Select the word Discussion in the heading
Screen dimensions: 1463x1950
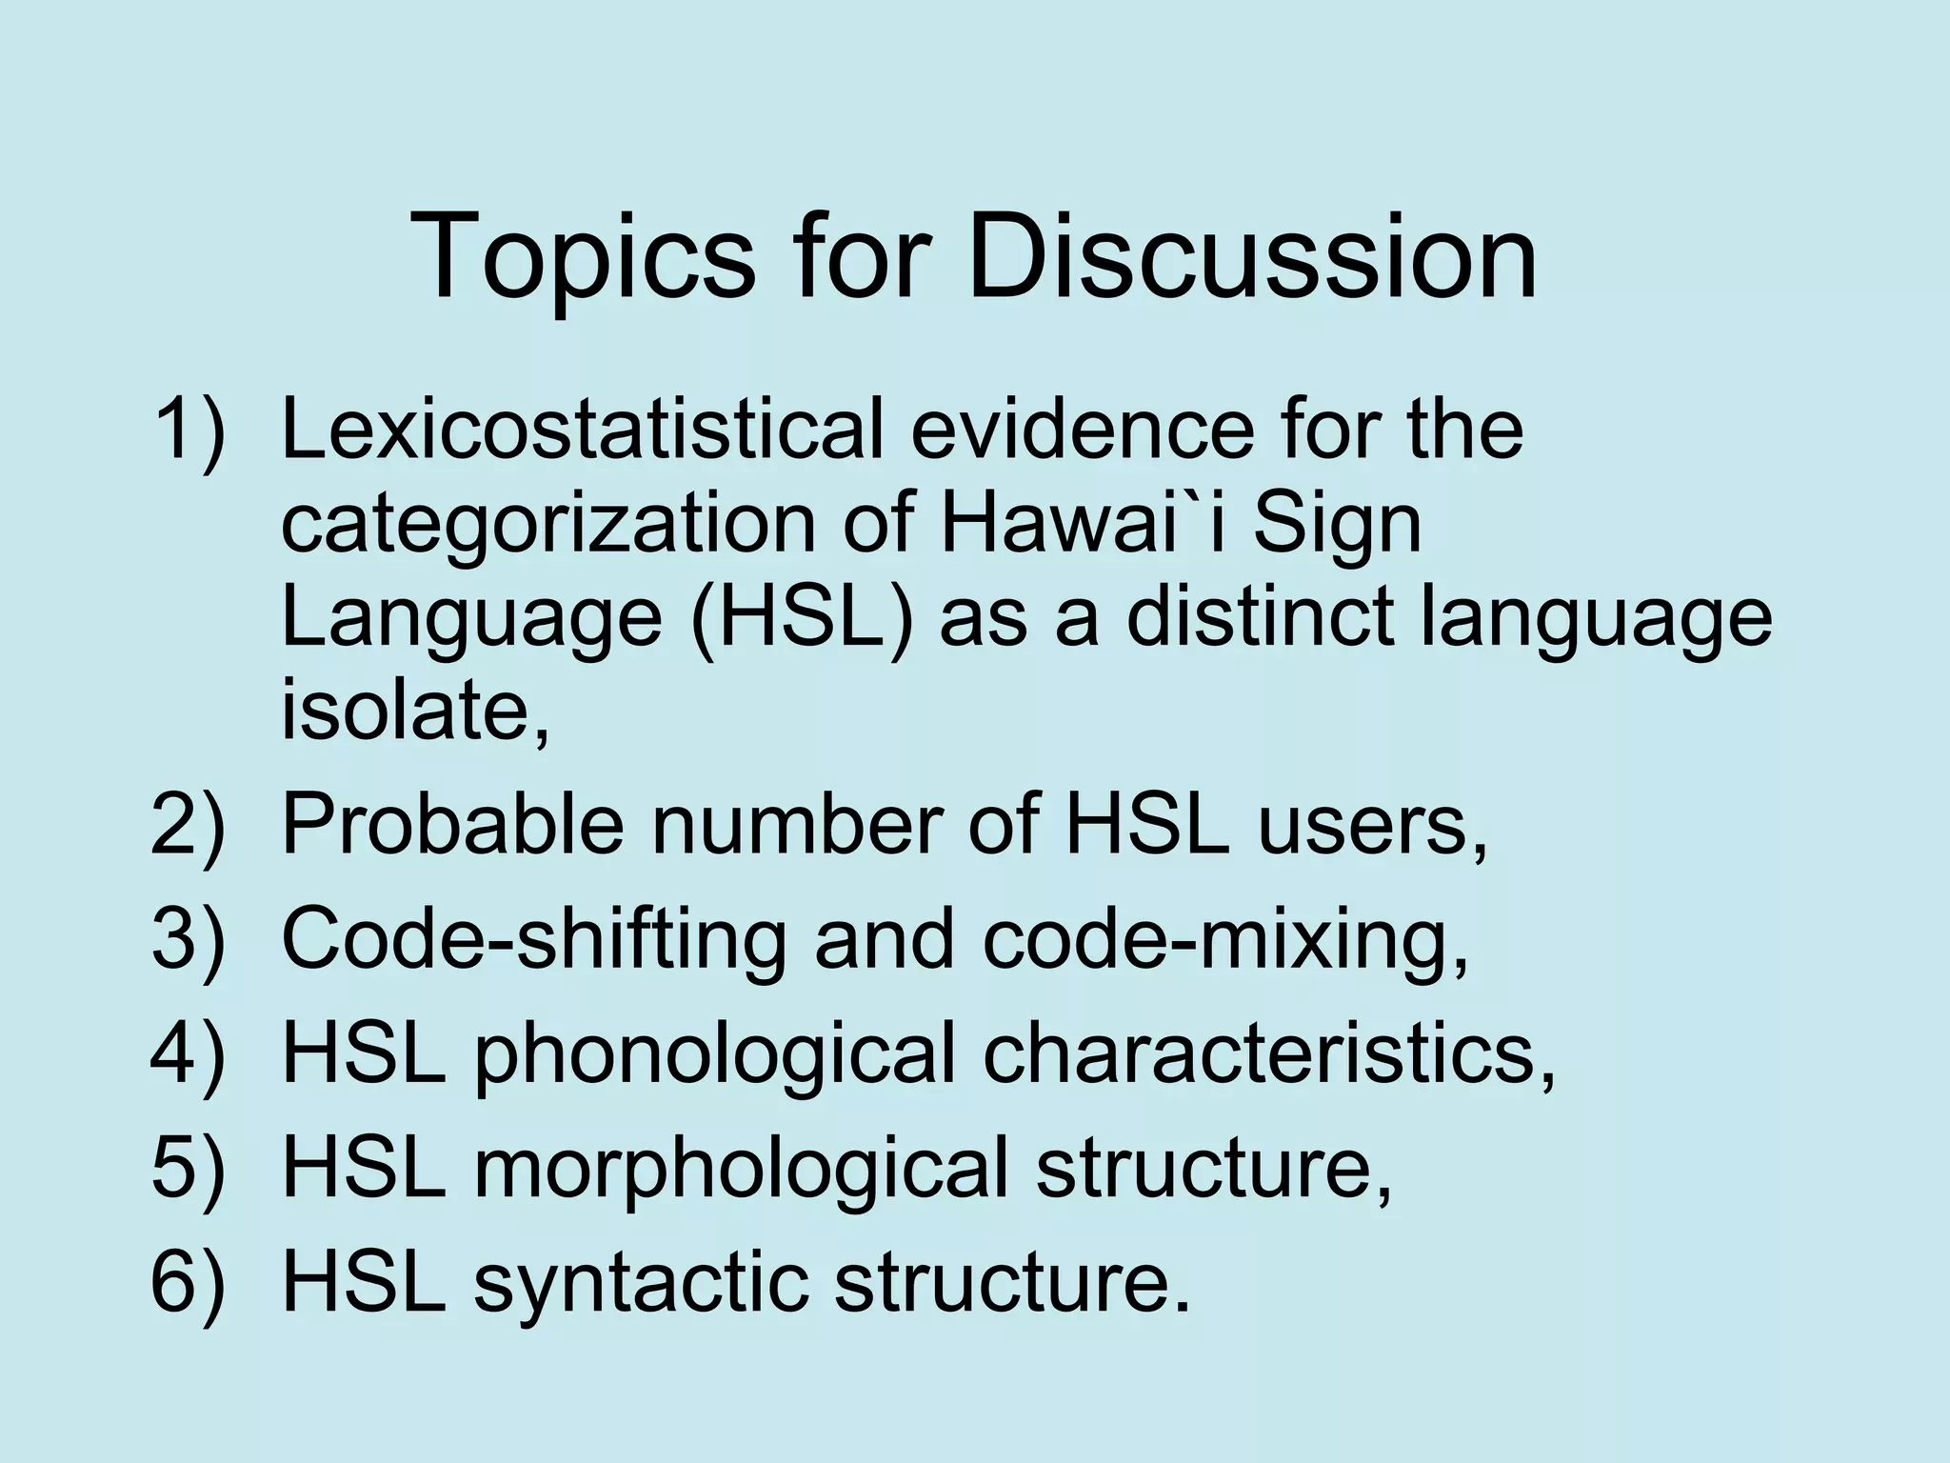(x=1251, y=255)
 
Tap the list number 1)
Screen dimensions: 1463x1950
(x=189, y=431)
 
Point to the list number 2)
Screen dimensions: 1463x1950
(x=189, y=825)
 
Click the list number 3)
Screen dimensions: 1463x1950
(x=189, y=939)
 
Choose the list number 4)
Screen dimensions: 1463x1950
(x=189, y=1053)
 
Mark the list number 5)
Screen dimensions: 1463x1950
(x=189, y=1168)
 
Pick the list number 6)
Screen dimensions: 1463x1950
(x=189, y=1282)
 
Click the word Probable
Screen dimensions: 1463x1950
(x=453, y=824)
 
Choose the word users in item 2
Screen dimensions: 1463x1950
(x=1371, y=825)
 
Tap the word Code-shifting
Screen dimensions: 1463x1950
(x=534, y=939)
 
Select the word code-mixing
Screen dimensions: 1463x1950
(x=1224, y=939)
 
